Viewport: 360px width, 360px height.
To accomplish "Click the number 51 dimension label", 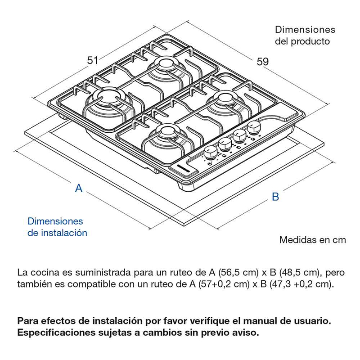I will pyautogui.click(x=93, y=60).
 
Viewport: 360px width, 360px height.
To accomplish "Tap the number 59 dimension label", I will pyautogui.click(x=263, y=62).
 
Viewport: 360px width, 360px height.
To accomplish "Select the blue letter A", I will pyautogui.click(x=79, y=188).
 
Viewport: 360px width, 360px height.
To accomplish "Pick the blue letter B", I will pyautogui.click(x=275, y=197).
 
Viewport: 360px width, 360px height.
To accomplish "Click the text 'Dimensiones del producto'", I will pyautogui.click(x=305, y=36).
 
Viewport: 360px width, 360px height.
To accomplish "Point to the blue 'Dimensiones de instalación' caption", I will pyautogui.click(x=57, y=227).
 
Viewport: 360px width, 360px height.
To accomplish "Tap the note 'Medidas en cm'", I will pyautogui.click(x=312, y=240).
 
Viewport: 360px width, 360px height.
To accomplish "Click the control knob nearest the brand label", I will pyautogui.click(x=210, y=153).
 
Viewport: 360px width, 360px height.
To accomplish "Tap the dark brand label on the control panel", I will pyautogui.click(x=184, y=169).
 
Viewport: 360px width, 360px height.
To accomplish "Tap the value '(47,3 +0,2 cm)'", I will pyautogui.click(x=305, y=284).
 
